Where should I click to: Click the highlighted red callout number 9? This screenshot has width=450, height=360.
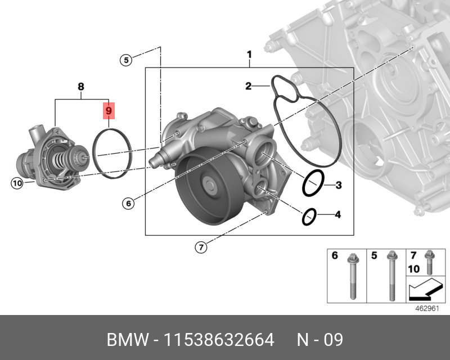click(109, 110)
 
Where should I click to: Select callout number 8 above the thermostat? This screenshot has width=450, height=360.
click(81, 87)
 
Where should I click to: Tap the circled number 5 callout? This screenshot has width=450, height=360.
click(127, 60)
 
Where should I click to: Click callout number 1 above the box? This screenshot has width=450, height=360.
click(249, 55)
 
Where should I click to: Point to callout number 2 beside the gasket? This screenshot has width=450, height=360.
click(248, 86)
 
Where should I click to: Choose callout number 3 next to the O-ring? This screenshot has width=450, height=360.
click(338, 185)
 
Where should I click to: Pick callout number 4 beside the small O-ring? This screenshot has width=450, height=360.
click(337, 214)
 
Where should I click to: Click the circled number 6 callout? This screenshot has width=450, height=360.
click(129, 204)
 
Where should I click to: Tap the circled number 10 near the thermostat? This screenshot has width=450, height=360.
click(16, 183)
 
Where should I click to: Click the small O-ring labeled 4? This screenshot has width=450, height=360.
click(309, 216)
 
